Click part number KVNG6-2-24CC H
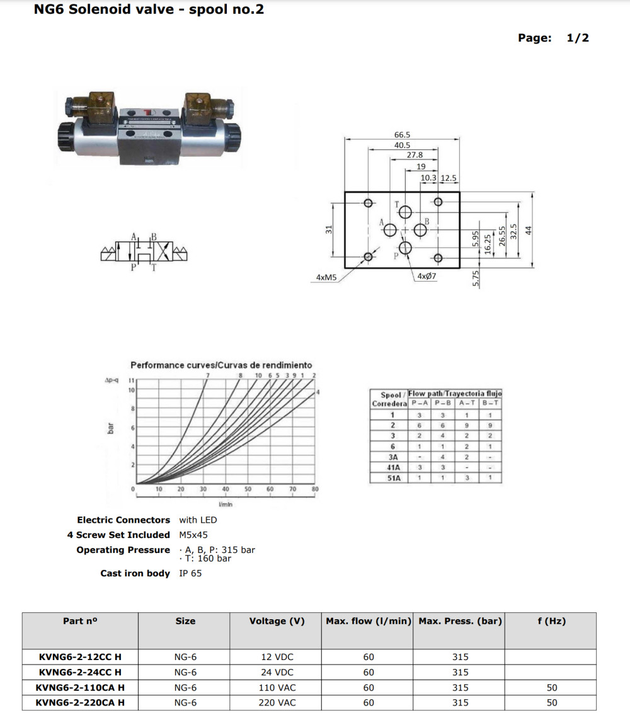(80, 672)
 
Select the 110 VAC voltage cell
(277, 687)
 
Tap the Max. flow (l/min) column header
(369, 621)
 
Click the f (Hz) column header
(551, 621)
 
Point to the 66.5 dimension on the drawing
(402, 135)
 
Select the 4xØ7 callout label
(427, 277)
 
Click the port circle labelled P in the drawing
(405, 248)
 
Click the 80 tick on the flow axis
(315, 489)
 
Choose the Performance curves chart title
(220, 365)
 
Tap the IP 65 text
(190, 573)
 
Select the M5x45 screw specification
(193, 535)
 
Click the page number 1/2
(578, 38)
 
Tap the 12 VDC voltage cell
(277, 657)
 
